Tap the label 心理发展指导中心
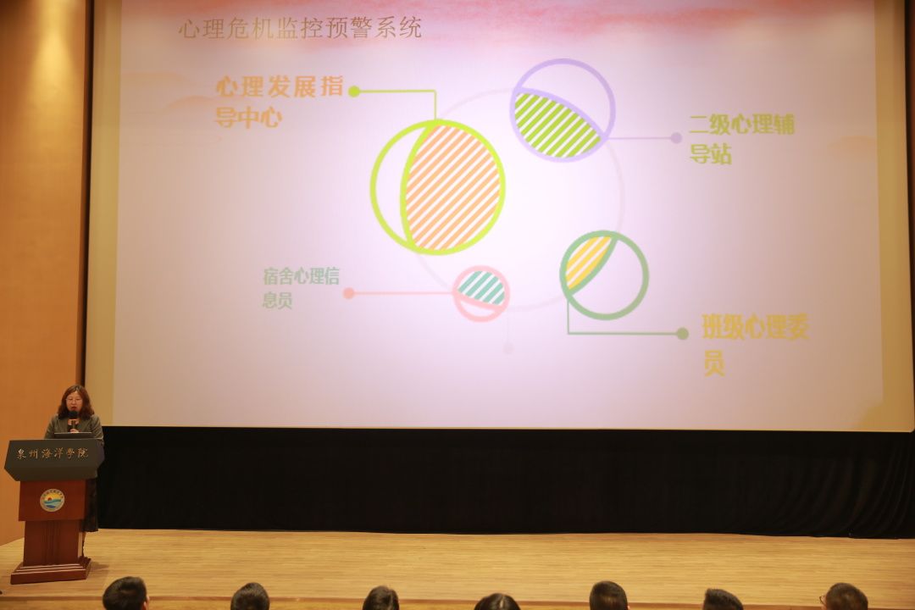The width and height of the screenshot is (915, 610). coord(279,102)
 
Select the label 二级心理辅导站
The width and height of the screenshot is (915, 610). coord(741,139)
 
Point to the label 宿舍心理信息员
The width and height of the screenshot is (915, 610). coord(301,288)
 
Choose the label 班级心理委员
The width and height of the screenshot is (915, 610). coord(755,345)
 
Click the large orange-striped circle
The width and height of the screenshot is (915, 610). coord(438,186)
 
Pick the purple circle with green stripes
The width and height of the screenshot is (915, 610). coord(563,110)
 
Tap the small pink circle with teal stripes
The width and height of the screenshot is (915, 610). coord(481,294)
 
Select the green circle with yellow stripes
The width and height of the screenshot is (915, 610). coord(604,275)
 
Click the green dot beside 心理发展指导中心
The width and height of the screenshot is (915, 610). coord(353,91)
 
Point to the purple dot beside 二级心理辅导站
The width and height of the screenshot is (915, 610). coord(676,138)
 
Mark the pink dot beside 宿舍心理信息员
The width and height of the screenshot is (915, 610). coord(349,293)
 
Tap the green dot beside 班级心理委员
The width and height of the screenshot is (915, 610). coord(682,333)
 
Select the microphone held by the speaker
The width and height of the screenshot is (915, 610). coord(73,419)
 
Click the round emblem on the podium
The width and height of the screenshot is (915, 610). coord(52,500)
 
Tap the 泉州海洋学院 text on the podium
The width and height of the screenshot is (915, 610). coord(53,453)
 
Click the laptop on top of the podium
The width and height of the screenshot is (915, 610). coord(73,435)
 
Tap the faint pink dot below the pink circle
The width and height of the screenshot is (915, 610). coord(507,348)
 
